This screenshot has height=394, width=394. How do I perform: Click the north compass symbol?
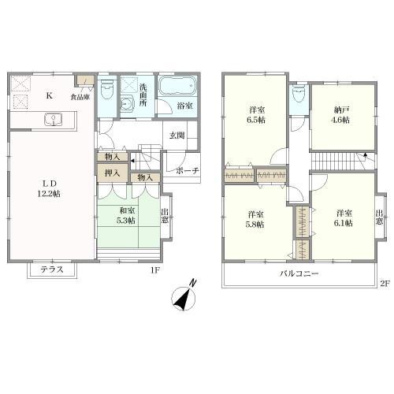(x=184, y=296)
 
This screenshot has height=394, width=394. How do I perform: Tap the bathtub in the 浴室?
(x=177, y=85)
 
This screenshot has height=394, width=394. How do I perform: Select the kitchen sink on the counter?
(x=54, y=120)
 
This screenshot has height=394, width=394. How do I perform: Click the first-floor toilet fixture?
(x=106, y=89)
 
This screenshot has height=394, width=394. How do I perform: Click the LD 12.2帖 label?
(x=49, y=188)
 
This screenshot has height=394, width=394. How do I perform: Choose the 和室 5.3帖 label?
(x=126, y=215)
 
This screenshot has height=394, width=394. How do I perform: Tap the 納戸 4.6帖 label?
(x=340, y=115)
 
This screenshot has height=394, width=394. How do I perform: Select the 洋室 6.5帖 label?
(x=256, y=115)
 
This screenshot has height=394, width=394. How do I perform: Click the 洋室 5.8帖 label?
(x=255, y=220)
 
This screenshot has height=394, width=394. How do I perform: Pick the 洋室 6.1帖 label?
(x=344, y=218)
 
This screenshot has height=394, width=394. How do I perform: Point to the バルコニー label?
(x=299, y=273)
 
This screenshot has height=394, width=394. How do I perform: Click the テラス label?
(x=52, y=269)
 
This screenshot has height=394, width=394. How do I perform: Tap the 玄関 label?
(x=177, y=136)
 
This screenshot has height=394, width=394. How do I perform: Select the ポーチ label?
(x=188, y=171)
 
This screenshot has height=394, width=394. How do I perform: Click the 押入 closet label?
(x=113, y=173)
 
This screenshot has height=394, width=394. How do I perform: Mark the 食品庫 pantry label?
(x=80, y=97)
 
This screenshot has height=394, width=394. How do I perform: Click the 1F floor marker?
(x=155, y=270)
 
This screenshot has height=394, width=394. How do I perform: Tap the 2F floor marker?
(x=385, y=284)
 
